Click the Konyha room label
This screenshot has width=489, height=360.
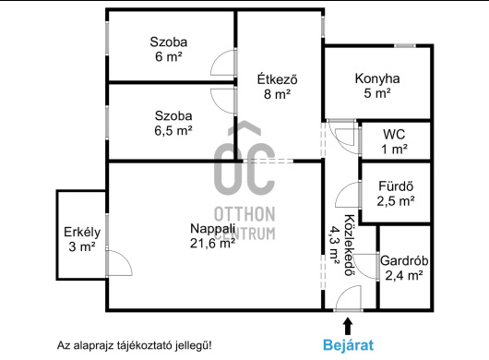(x=377, y=78)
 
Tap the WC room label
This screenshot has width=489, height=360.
(x=394, y=135)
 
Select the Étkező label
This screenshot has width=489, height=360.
(x=277, y=78)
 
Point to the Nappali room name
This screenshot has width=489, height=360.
(x=212, y=228)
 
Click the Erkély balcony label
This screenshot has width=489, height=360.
(x=82, y=232)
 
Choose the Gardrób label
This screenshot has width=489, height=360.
(x=404, y=260)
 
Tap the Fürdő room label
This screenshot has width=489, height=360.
(x=396, y=186)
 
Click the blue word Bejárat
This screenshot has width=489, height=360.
(x=348, y=345)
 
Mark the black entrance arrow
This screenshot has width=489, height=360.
(x=348, y=326)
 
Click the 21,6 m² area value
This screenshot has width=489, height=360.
(x=212, y=243)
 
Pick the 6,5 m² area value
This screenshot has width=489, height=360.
(x=173, y=130)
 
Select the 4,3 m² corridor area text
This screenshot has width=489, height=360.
(x=334, y=246)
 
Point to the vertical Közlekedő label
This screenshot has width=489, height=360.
(x=350, y=246)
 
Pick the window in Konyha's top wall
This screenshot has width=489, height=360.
(x=405, y=46)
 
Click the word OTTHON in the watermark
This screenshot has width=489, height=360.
(x=244, y=214)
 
